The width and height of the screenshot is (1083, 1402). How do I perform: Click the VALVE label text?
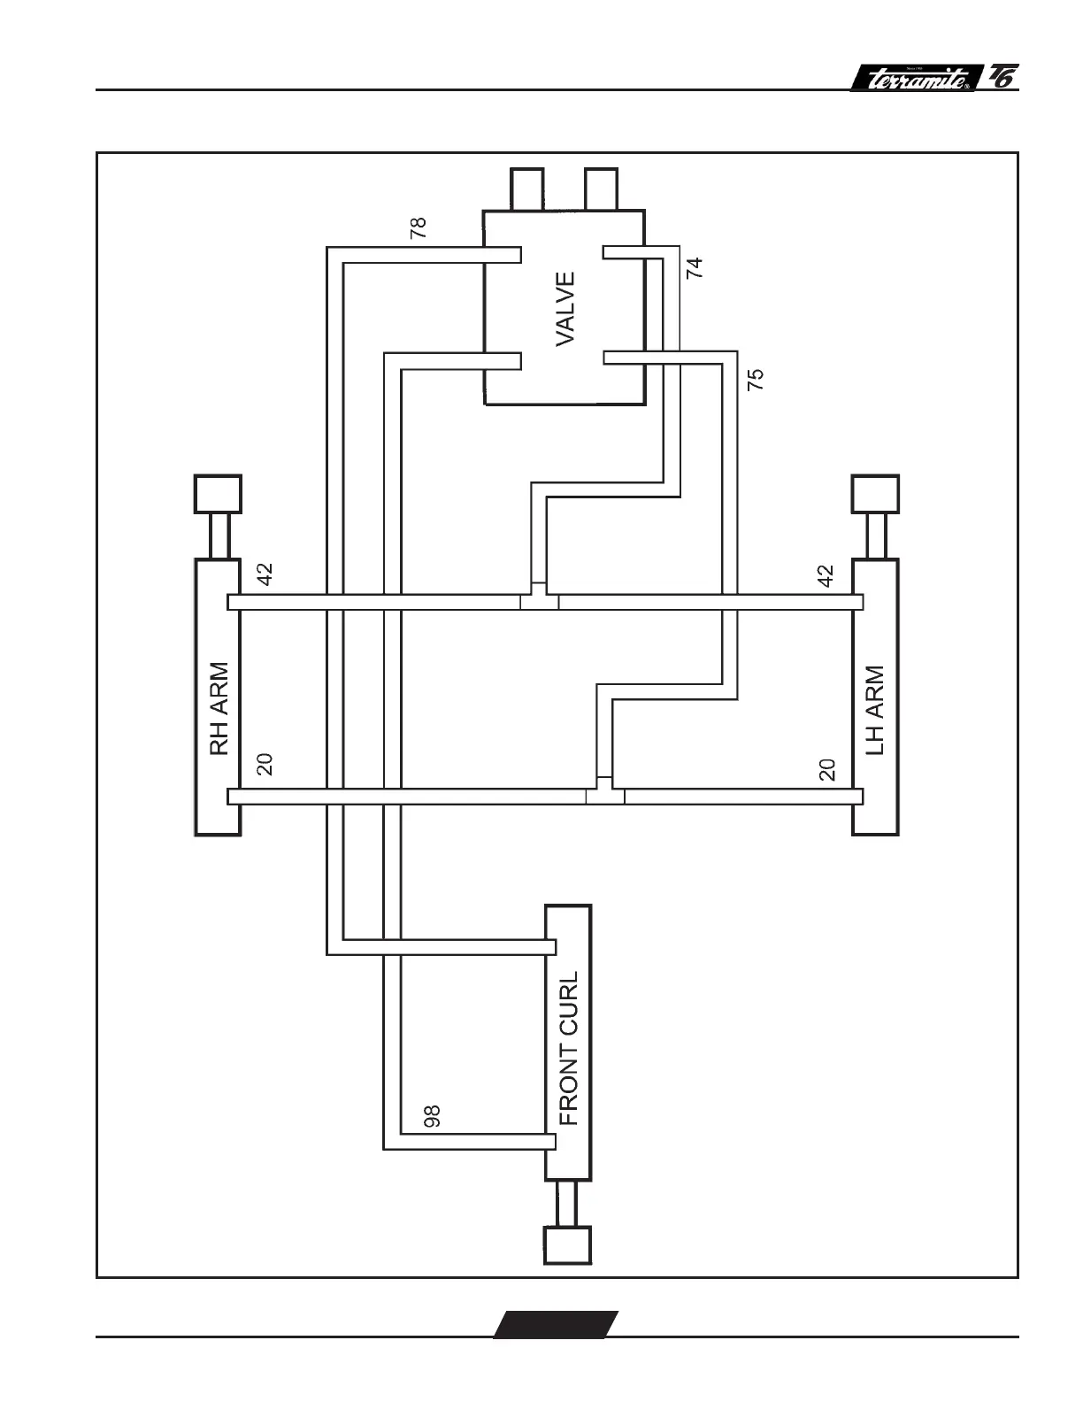(565, 308)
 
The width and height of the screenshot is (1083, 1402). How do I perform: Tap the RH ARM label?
(219, 708)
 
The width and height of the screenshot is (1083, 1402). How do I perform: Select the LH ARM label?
(874, 710)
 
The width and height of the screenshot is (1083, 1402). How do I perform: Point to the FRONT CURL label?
(569, 1048)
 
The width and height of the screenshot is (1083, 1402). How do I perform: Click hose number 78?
(419, 227)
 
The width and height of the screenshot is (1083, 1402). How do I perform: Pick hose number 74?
(695, 267)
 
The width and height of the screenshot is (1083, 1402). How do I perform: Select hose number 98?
(432, 1115)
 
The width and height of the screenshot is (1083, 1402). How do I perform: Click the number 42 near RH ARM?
(264, 574)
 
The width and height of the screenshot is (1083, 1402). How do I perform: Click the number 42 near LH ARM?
(826, 576)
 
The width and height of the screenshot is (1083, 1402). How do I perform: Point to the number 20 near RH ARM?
(264, 764)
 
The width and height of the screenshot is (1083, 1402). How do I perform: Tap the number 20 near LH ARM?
(827, 769)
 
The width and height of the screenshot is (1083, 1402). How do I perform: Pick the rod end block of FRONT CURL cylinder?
(567, 1244)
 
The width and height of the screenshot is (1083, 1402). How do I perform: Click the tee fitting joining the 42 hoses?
(539, 599)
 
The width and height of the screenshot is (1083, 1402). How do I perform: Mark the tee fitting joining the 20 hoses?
(605, 793)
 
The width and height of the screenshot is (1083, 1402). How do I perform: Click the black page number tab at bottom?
(556, 1323)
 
